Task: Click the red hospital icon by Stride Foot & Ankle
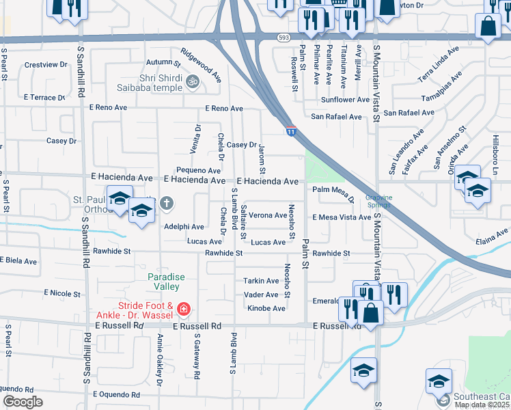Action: click(182, 310)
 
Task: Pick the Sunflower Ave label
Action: click(345, 100)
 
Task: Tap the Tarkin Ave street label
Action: click(261, 281)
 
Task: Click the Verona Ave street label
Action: click(267, 215)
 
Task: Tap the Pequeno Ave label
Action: click(198, 170)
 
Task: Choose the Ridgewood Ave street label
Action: click(201, 61)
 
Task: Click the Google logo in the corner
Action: click(23, 402)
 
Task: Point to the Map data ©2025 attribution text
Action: click(482, 405)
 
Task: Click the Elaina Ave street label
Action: click(493, 236)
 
